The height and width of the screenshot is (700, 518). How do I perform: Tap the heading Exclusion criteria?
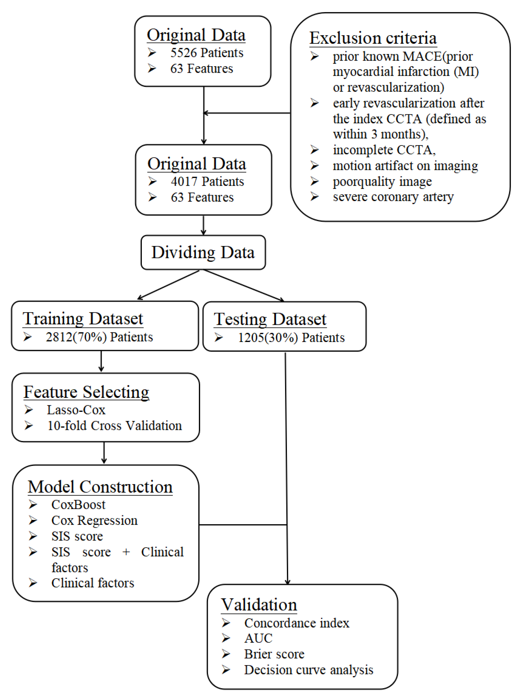tap(373, 38)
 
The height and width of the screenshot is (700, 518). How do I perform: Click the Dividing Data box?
tap(203, 252)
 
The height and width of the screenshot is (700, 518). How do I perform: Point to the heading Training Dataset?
tap(83, 319)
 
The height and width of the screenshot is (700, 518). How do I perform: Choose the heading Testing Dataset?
tap(270, 319)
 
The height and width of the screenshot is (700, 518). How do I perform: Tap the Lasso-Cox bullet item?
tap(76, 410)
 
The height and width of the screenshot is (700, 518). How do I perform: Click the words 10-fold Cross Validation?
tap(114, 426)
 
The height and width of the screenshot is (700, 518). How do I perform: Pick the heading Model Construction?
tap(100, 487)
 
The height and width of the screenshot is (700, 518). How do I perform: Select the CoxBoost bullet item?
tap(78, 505)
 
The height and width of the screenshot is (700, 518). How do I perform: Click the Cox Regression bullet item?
tap(94, 520)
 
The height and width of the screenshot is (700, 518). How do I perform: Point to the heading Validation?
tap(259, 605)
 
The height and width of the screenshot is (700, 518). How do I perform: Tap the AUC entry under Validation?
tap(258, 638)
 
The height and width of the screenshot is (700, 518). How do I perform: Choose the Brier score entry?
tap(274, 654)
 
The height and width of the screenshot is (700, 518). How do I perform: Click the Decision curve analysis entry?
tap(308, 670)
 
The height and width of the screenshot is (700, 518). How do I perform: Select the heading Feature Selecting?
tap(86, 392)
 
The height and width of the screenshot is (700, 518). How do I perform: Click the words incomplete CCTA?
tap(384, 150)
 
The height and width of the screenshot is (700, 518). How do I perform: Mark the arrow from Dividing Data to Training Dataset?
tap(169, 284)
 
